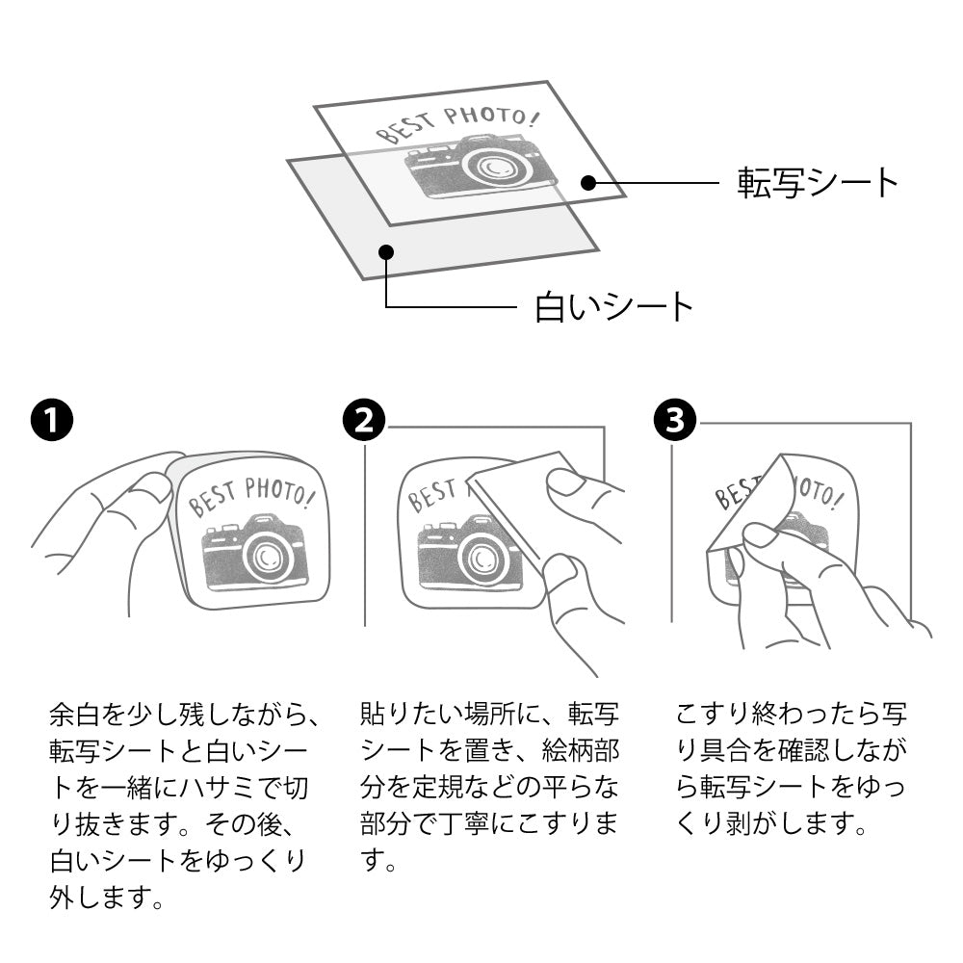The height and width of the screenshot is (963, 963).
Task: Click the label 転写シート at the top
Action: click(x=818, y=181)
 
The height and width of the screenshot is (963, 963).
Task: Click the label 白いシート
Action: click(x=613, y=307)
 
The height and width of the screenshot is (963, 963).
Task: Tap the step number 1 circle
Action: click(x=50, y=421)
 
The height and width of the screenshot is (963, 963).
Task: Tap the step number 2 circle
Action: click(x=363, y=421)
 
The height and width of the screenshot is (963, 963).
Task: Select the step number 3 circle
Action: click(x=673, y=421)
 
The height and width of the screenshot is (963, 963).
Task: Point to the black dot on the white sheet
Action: click(x=386, y=252)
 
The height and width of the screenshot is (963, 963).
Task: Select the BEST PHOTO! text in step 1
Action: click(x=252, y=496)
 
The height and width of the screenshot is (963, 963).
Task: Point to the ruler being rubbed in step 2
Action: click(x=520, y=501)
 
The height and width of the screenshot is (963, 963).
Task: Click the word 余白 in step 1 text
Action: click(x=72, y=715)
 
